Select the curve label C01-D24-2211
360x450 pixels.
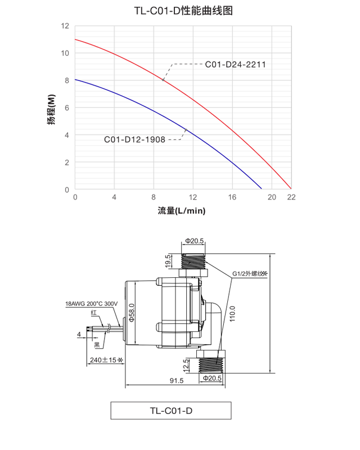[x=235, y=65]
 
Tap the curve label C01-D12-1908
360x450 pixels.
[x=134, y=139]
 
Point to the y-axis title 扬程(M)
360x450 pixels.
[x=51, y=108]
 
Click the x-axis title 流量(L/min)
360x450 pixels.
[x=182, y=211]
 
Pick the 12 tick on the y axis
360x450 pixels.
[x=65, y=26]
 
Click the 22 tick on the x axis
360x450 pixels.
[x=291, y=197]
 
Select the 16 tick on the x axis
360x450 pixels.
[x=232, y=197]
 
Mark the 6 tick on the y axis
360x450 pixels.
[x=66, y=108]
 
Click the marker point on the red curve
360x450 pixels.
[x=163, y=79]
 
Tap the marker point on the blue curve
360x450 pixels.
[x=186, y=130]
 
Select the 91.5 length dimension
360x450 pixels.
[x=176, y=381]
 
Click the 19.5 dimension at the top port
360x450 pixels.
[x=168, y=260]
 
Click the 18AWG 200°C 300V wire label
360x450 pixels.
[x=91, y=304]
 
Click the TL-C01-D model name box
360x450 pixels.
[x=172, y=411]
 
